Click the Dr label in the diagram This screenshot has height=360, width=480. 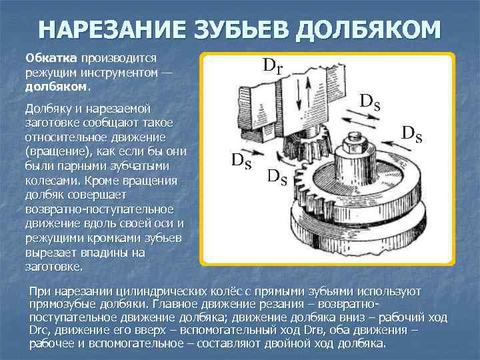273,65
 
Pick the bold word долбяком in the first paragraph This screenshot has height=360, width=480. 55,87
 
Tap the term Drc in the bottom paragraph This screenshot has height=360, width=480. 40,332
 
